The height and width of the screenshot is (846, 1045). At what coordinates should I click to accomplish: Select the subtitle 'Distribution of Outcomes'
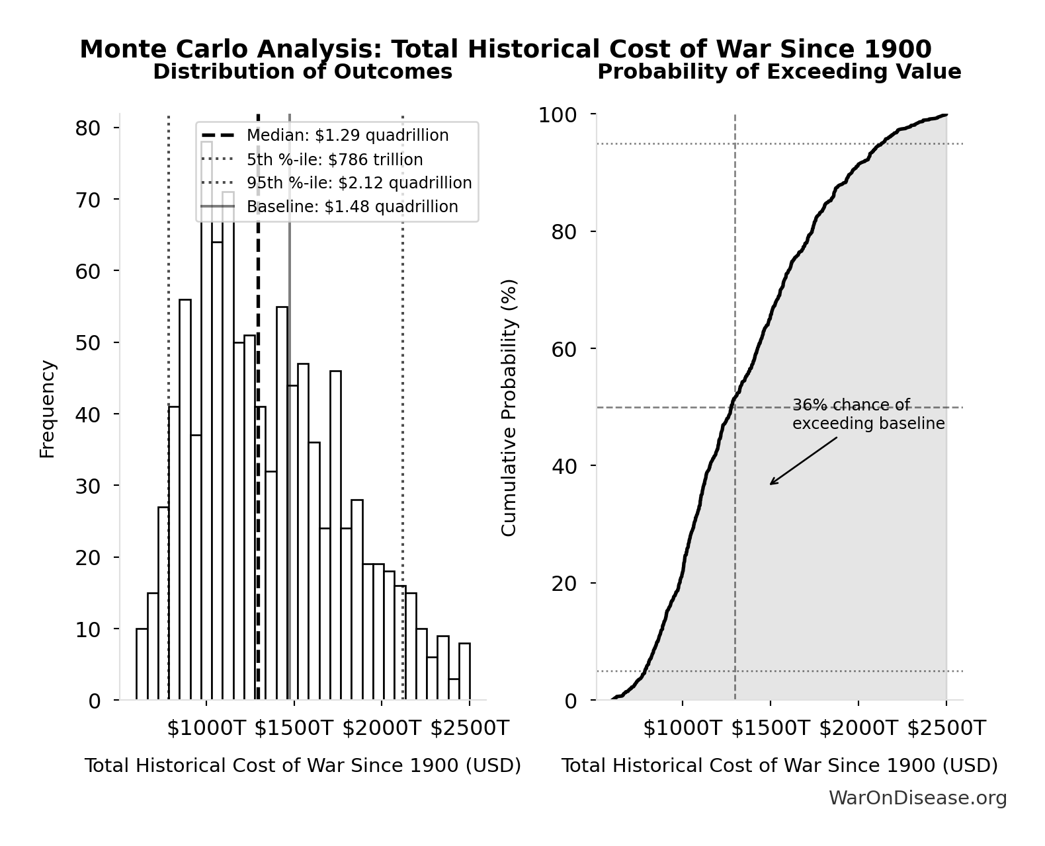point(302,71)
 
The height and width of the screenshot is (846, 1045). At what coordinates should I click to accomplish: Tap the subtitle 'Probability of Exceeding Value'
point(778,71)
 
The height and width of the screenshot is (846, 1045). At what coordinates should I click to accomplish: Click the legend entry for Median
point(347,135)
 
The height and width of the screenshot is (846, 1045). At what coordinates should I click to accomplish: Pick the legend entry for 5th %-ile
point(334,160)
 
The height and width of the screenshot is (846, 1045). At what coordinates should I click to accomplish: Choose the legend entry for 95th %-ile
point(359,183)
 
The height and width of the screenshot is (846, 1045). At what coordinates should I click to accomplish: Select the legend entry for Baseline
point(352,207)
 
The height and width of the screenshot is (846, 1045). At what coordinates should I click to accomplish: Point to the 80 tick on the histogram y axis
point(87,128)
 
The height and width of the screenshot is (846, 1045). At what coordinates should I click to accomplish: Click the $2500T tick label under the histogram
point(470,728)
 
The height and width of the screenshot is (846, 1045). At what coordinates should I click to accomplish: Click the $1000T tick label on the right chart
point(683,728)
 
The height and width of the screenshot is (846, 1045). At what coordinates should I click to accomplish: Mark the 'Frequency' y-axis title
point(47,408)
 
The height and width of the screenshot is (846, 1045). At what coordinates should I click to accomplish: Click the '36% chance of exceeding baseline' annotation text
point(868,414)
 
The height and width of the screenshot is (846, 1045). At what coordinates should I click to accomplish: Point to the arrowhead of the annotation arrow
point(772,483)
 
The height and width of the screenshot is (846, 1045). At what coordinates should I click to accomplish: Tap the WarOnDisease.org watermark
point(917,798)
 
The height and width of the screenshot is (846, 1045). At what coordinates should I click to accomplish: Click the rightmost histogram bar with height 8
point(464,672)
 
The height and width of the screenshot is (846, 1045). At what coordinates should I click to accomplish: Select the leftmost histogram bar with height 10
point(142,664)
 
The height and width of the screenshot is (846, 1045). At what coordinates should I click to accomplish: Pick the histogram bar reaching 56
point(185,500)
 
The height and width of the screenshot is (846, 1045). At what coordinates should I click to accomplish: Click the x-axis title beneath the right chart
point(778,766)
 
